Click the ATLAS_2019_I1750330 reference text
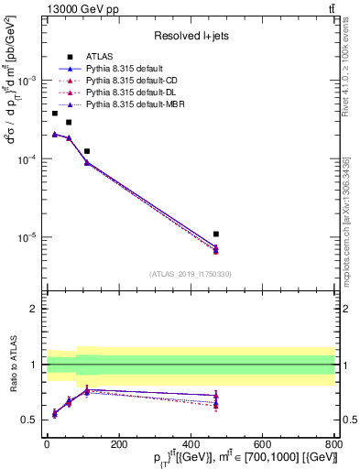191,274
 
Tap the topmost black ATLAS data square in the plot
55,113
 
